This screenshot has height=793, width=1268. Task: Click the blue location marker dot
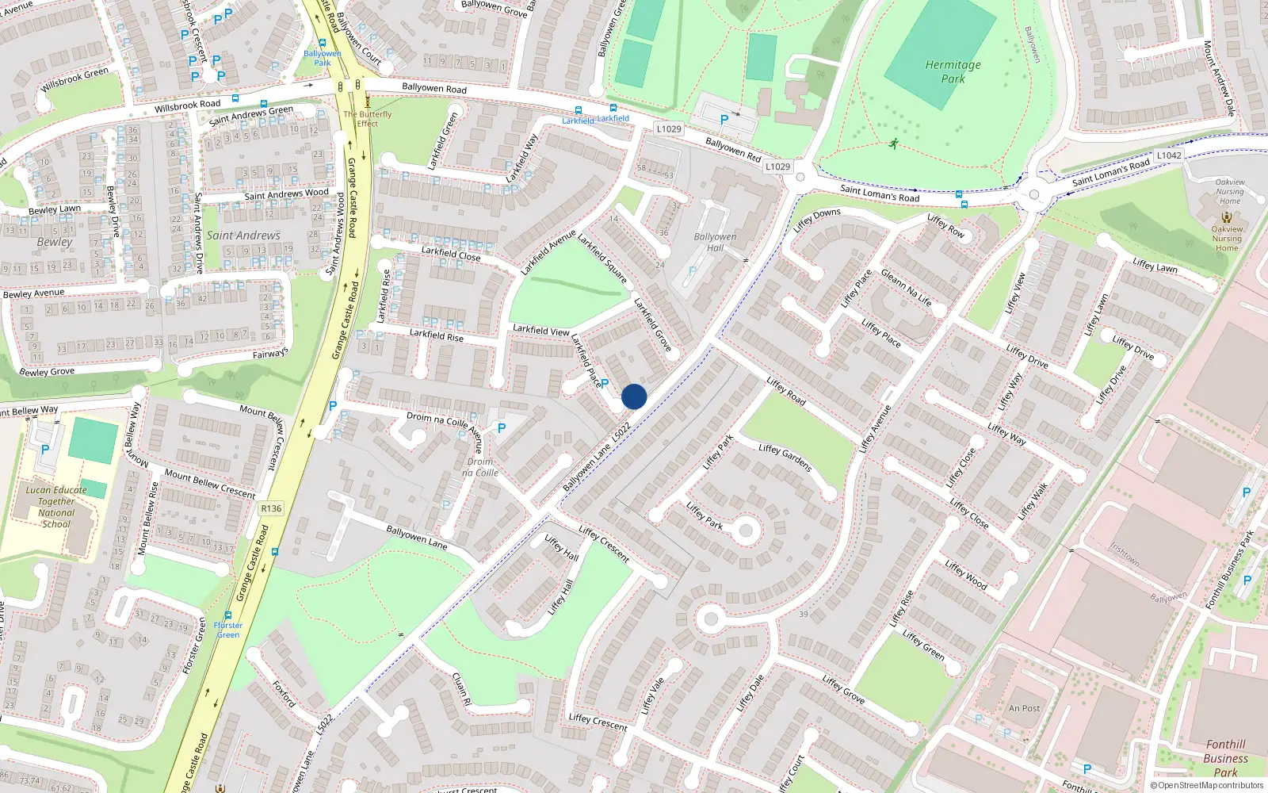[x=634, y=396]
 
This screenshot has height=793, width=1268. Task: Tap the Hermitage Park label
[x=953, y=71]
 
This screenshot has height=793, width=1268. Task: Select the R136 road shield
[x=271, y=508]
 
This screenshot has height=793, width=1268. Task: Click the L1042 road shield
[x=1168, y=155]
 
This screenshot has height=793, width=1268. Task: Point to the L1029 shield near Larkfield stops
[x=669, y=128]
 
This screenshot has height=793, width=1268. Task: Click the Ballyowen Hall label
[x=715, y=242]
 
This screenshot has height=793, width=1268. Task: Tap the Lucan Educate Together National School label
[x=56, y=507]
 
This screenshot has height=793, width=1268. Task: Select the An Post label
[x=1024, y=708]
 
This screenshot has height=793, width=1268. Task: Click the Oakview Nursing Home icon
[x=1226, y=216]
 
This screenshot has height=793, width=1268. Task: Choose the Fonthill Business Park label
[x=1225, y=758]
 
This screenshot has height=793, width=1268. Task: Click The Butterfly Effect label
[x=367, y=118]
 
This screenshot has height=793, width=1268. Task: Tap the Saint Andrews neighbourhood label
[x=243, y=236]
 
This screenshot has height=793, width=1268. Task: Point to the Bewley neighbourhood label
[x=54, y=242]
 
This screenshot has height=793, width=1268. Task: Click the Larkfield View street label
[x=540, y=330]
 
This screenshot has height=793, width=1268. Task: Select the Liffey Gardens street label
[x=785, y=458]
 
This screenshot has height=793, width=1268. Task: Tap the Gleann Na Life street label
[x=907, y=289]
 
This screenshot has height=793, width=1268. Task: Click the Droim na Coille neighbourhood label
[x=480, y=467]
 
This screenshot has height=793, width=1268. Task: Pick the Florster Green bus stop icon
[x=228, y=615]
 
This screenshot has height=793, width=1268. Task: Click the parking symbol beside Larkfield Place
[x=605, y=384]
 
